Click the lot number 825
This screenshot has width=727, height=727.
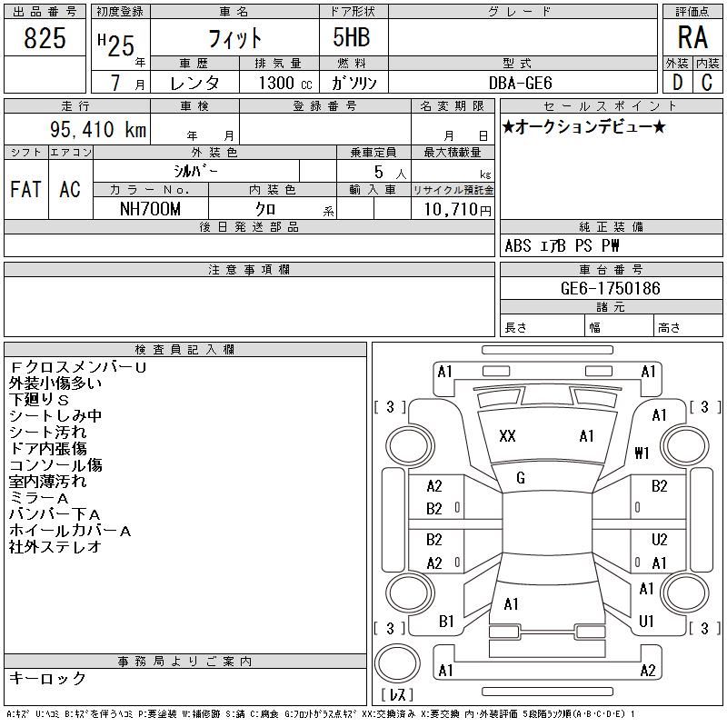[x=45, y=38]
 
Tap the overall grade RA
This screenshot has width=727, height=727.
[x=692, y=37]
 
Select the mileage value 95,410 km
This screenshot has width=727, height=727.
[x=98, y=129]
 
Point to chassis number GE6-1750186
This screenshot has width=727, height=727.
[x=610, y=288]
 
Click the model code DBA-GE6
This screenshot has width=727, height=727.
[x=520, y=83]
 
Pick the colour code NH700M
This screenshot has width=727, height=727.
[x=150, y=209]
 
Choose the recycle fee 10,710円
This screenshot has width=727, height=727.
[x=458, y=210]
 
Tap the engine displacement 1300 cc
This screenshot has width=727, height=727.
[x=285, y=83]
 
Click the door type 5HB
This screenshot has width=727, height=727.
[x=352, y=37]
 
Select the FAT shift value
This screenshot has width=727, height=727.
[x=26, y=189]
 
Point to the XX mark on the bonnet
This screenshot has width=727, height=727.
[x=507, y=436]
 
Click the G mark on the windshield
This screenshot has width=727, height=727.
[x=521, y=478]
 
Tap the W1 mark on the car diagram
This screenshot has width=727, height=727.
[x=642, y=453]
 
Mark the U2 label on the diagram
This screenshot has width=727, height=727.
[x=660, y=539]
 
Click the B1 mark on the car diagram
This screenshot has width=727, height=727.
[x=446, y=622]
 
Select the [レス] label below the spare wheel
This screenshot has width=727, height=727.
[x=397, y=694]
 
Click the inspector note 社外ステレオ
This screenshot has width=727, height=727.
[x=55, y=547]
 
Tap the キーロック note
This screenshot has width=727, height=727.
[x=47, y=678]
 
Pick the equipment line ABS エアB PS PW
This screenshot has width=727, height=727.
[x=562, y=245]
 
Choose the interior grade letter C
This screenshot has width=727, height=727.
[x=707, y=83]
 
